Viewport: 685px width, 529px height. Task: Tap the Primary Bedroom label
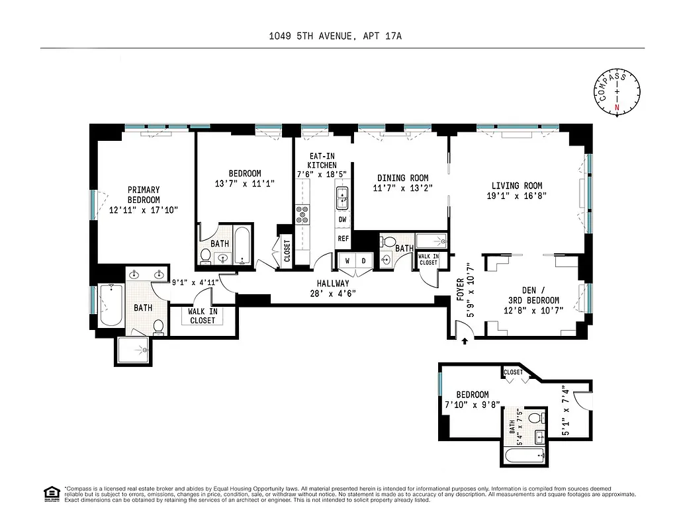point(144,195)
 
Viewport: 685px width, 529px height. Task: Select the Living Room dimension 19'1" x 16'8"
point(516,196)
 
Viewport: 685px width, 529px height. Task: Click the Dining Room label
point(402,178)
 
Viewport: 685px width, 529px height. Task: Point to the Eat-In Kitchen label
point(323,161)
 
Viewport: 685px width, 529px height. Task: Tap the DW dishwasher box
point(343,219)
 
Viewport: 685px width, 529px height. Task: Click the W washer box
point(347,261)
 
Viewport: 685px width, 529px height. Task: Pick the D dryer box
point(363,261)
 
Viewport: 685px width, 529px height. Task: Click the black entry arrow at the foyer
point(465,341)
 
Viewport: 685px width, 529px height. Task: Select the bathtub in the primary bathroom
point(111,305)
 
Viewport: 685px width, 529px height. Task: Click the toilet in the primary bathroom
point(158,326)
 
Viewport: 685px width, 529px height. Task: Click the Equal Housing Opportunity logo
point(50,494)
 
